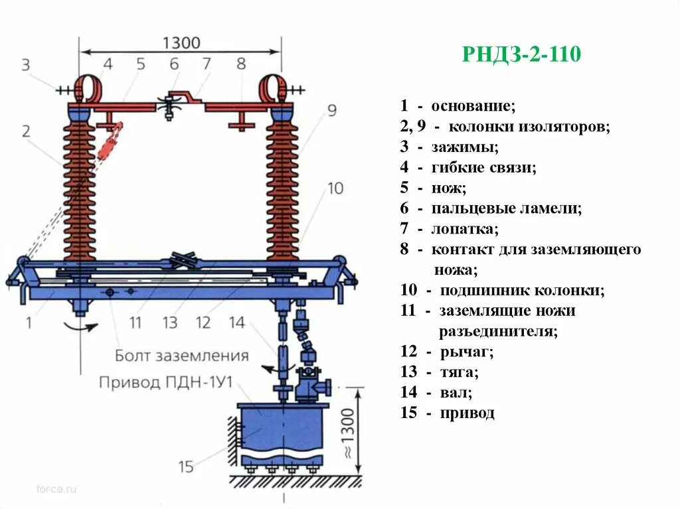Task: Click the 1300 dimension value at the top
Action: (181, 43)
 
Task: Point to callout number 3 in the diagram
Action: (26, 64)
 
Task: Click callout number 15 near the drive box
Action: (186, 467)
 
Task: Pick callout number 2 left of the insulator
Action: (26, 131)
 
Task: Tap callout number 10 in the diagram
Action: (335, 188)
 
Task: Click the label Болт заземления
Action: (181, 355)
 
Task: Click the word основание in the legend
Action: (473, 106)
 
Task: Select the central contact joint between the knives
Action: (170, 104)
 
